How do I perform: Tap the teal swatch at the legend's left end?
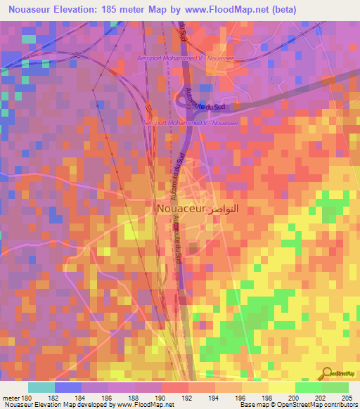pos(41,387)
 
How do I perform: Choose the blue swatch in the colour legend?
pos(68,387)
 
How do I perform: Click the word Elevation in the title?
pos(77,9)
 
